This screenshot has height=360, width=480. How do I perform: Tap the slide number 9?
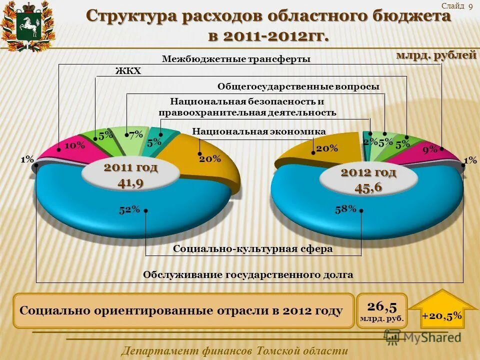(470, 6)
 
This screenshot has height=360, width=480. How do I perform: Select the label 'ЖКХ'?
(128, 71)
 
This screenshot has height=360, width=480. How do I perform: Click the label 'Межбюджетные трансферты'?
(236, 59)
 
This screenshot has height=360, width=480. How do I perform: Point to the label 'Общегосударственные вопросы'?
(298, 86)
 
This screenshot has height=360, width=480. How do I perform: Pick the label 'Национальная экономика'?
(259, 131)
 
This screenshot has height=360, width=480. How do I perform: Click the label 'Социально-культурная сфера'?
(252, 248)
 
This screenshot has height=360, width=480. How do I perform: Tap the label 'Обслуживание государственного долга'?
(248, 274)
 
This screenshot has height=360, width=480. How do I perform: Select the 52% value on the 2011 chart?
(129, 210)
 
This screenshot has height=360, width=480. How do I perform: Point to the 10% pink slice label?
(74, 145)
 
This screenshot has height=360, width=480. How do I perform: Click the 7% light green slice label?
(135, 134)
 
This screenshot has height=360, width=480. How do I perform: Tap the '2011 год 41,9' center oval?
(130, 175)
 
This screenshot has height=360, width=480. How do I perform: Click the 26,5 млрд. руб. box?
(382, 311)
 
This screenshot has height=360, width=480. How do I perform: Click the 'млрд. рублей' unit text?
(436, 55)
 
